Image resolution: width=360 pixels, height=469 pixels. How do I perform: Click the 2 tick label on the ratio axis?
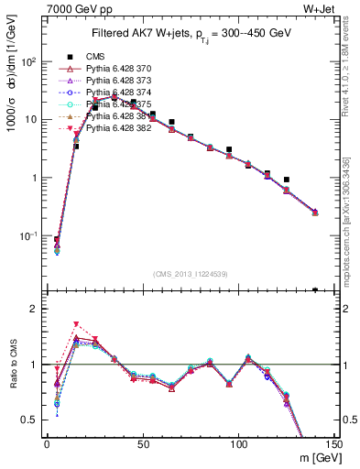(36, 309)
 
